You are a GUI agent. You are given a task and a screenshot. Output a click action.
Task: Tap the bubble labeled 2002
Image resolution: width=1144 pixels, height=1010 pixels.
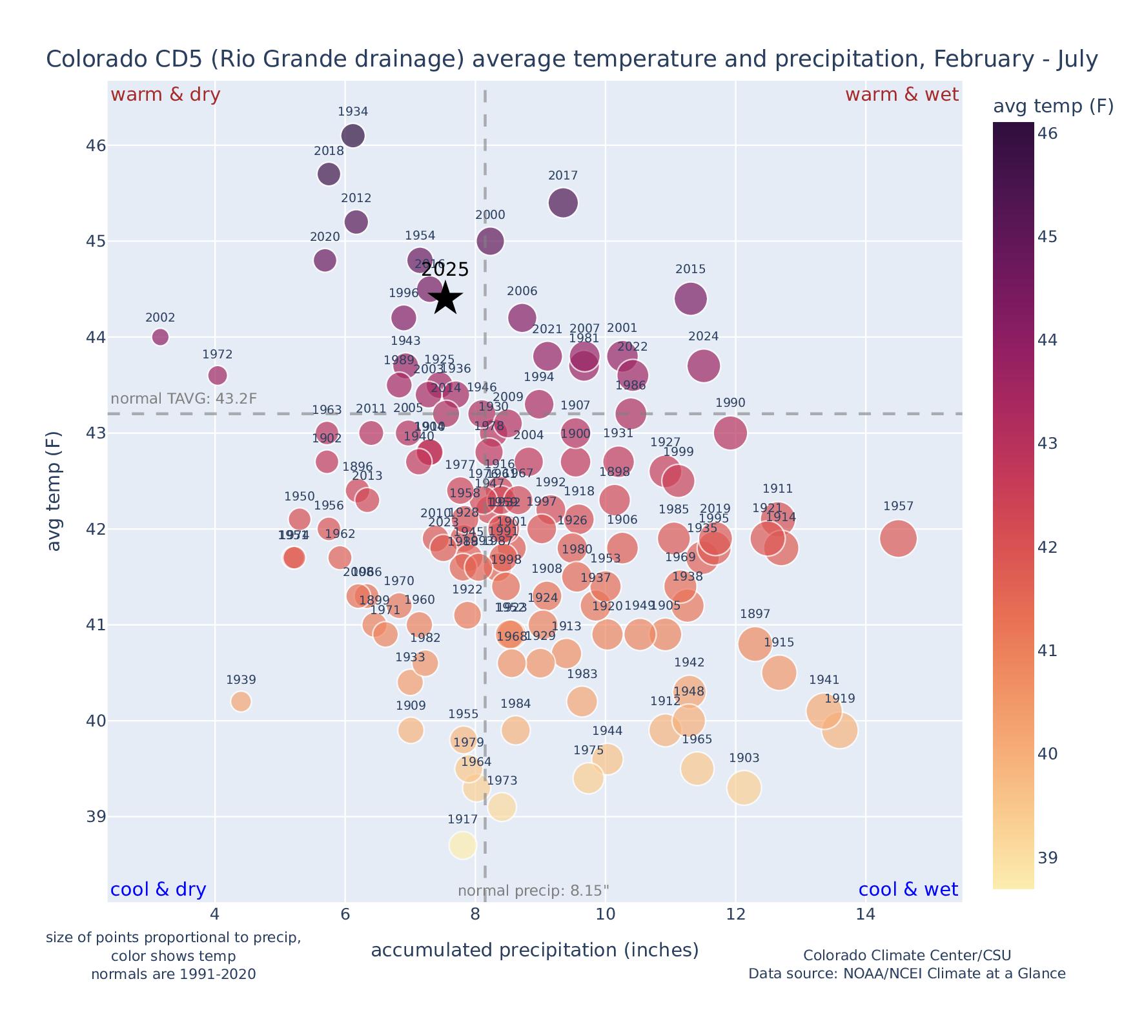[x=161, y=336]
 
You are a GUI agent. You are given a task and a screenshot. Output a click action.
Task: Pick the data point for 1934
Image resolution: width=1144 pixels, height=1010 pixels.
[x=353, y=136]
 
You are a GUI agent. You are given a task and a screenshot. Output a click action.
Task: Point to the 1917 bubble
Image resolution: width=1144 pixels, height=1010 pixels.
[x=463, y=845]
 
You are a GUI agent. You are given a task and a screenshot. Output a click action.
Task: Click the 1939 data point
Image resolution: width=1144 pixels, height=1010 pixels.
[x=241, y=701]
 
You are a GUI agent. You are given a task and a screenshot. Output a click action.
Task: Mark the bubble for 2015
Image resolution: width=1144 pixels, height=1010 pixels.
[x=691, y=298]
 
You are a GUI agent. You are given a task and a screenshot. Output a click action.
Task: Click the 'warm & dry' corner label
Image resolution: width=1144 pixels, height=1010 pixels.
[x=165, y=95]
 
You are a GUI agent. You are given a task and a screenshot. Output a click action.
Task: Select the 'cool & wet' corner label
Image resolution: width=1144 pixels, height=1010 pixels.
[x=908, y=890]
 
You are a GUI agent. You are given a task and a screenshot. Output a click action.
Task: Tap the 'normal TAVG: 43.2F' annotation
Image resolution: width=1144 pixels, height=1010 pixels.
[x=184, y=398]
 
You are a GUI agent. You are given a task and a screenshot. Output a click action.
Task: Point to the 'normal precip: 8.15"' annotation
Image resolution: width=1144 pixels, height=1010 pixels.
[x=533, y=891]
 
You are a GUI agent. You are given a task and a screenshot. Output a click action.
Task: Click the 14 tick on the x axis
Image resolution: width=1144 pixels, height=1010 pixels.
[x=866, y=914]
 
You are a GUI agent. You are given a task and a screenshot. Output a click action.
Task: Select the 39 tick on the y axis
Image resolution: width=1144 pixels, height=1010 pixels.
[x=96, y=817]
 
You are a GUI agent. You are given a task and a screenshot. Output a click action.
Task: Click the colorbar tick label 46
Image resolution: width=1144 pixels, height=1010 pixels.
[x=1048, y=134]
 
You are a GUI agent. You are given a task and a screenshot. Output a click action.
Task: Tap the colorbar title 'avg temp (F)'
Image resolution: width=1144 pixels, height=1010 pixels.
[x=1053, y=107]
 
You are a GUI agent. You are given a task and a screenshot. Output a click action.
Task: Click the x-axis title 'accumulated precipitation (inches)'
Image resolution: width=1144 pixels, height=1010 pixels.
[x=535, y=950]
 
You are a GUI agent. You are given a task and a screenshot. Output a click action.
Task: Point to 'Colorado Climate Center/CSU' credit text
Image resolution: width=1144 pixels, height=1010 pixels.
[x=907, y=955]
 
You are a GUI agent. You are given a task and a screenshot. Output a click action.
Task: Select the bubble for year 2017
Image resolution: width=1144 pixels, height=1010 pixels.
[x=563, y=203]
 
